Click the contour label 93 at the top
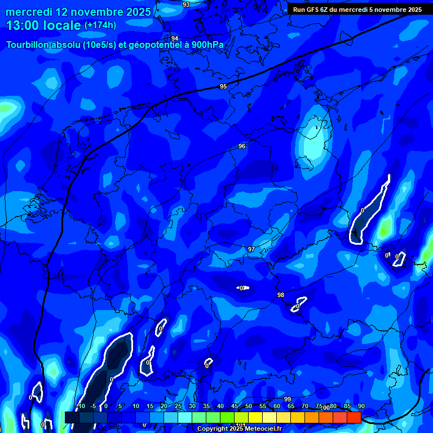pos(186,5)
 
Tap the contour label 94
pos(175,38)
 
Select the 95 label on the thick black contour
pos(223,86)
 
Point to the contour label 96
pos(242,146)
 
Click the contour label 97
pos(251,249)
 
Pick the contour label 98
pos(281,295)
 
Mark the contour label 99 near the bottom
pos(288,399)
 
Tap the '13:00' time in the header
pos(22,25)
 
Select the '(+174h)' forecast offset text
pos(100,25)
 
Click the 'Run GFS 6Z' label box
pos(357,10)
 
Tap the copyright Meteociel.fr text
pos(239,429)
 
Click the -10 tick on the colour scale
pos(80,407)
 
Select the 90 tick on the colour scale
pos(361,407)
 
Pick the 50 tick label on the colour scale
pos(248,407)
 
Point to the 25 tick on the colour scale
pos(178,407)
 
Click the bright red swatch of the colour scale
pos(354,417)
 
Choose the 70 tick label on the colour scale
pos(304,407)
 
